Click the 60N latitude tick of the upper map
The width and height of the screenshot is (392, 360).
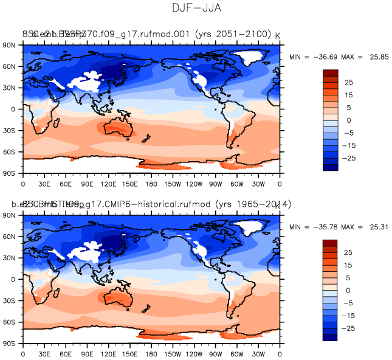tap(10, 66)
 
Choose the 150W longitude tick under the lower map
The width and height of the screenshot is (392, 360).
tap(173, 353)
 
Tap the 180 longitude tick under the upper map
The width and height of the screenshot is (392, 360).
tap(151, 183)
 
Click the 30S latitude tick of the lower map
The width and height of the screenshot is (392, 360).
tap(10, 301)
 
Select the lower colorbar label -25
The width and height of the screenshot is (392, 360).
tap(349, 328)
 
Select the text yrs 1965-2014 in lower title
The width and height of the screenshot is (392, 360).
tap(256, 204)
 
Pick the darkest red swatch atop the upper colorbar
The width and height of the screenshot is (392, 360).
tap(331, 73)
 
